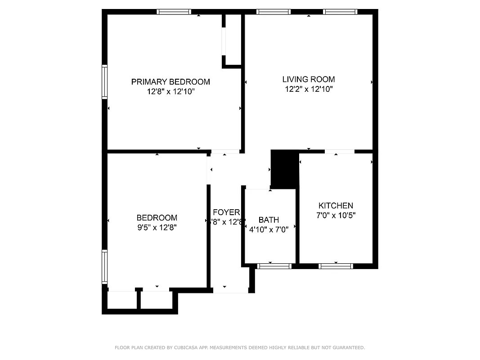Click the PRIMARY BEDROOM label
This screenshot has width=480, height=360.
pyautogui.click(x=170, y=82)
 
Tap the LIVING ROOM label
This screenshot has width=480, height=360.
pyautogui.click(x=309, y=80)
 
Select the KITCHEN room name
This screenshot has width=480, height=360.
pyautogui.click(x=336, y=206)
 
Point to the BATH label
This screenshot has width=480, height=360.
pyautogui.click(x=269, y=220)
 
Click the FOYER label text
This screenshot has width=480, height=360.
pyautogui.click(x=226, y=212)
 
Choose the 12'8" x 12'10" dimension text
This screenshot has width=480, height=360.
pyautogui.click(x=170, y=92)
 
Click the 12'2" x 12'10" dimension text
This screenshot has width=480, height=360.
pyautogui.click(x=309, y=89)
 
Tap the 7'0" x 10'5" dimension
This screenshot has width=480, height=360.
pyautogui.click(x=336, y=216)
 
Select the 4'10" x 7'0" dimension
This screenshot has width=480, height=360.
pyautogui.click(x=269, y=229)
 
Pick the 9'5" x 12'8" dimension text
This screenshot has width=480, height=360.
pyautogui.click(x=157, y=227)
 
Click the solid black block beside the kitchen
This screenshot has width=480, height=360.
pyautogui.click(x=284, y=169)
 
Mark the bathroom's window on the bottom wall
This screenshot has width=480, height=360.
pyautogui.click(x=274, y=266)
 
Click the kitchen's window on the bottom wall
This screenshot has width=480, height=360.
pyautogui.click(x=336, y=266)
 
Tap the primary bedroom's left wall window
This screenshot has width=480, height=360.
pyautogui.click(x=105, y=81)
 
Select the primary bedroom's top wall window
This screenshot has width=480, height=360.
pyautogui.click(x=174, y=12)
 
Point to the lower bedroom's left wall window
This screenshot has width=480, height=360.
pyautogui.click(x=105, y=267)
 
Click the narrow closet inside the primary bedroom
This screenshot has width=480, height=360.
pyautogui.click(x=233, y=40)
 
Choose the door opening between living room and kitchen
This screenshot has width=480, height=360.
pyautogui.click(x=339, y=151)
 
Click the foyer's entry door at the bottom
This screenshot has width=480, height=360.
pyautogui.click(x=230, y=291)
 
